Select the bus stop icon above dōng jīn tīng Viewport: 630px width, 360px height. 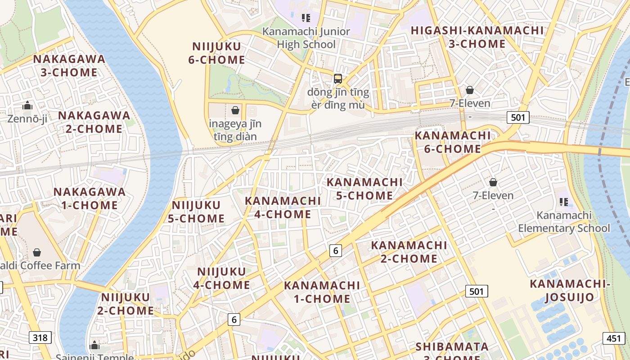337,78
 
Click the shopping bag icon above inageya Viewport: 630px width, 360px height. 235,110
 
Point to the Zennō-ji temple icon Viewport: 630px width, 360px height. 27,106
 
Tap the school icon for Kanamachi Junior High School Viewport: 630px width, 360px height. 306,18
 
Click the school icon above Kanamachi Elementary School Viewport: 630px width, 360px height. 563,202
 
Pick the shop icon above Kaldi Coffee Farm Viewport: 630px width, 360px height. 37,252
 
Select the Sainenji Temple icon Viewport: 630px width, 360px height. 94,345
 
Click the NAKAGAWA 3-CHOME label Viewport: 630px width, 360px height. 69,66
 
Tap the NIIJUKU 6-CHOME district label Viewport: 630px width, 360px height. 216,53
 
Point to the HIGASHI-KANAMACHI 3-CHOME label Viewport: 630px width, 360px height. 477,37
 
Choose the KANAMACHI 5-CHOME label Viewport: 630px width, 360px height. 364,189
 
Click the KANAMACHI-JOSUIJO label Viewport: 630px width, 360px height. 570,291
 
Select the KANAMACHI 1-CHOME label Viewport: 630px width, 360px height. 322,292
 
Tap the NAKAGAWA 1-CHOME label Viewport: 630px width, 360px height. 89,198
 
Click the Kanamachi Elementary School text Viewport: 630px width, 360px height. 563,222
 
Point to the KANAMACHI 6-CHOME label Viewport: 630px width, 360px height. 452,142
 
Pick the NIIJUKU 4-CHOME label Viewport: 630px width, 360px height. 222,278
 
